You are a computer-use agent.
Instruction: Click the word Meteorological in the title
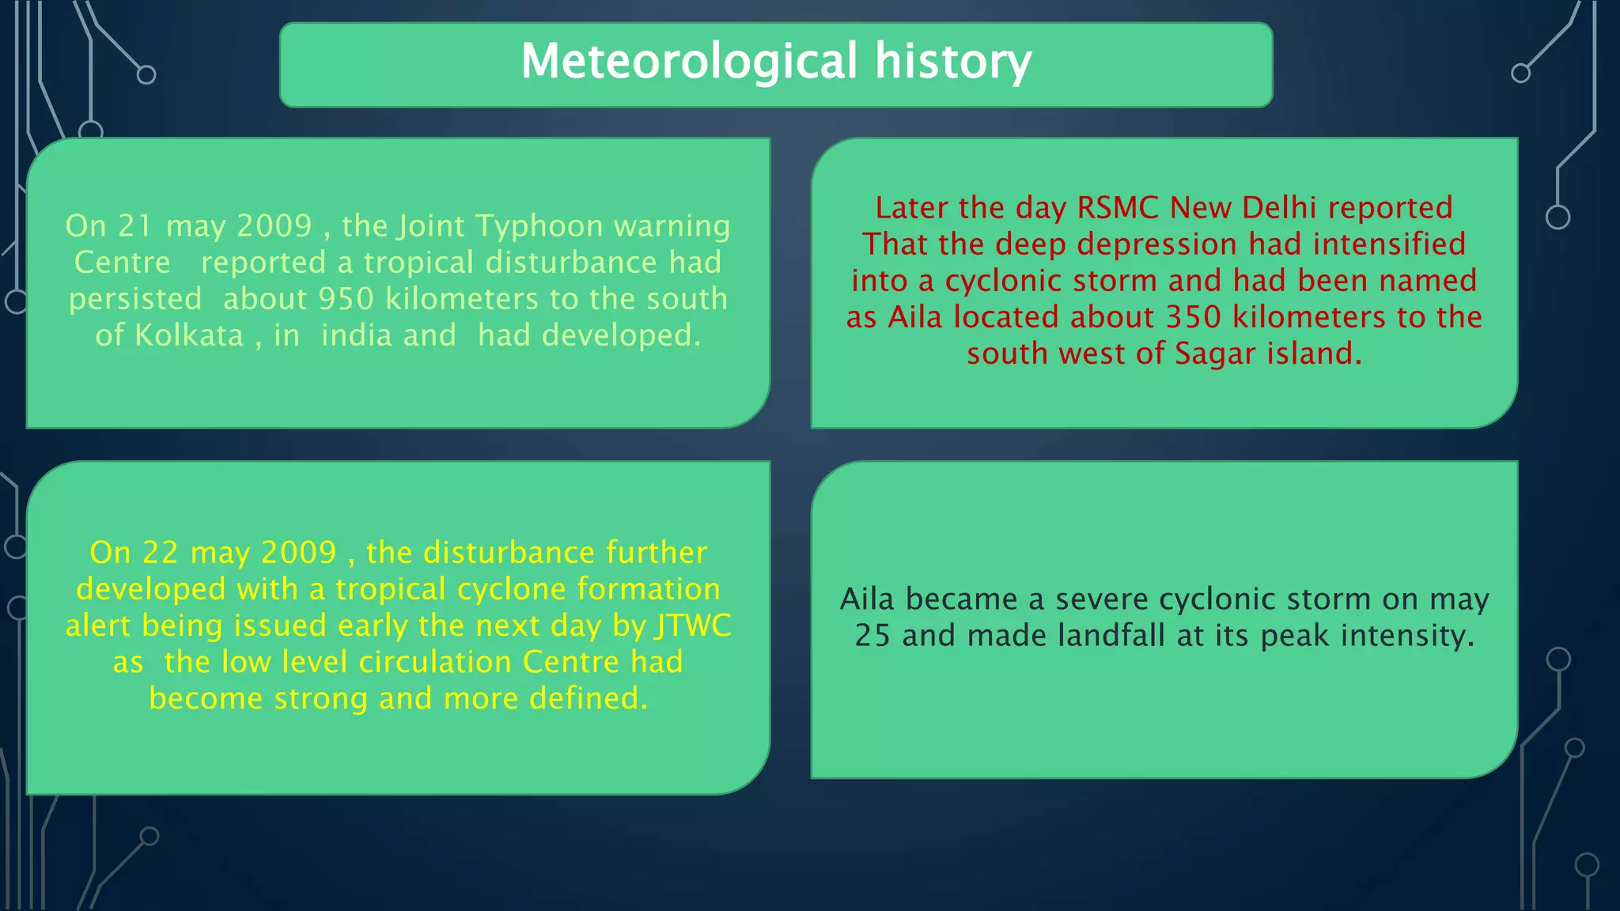[x=689, y=62]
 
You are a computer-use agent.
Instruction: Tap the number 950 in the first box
[x=346, y=299]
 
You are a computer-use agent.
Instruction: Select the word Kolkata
[x=189, y=335]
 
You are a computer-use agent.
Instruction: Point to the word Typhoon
[x=539, y=226]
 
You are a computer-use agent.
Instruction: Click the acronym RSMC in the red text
[x=1118, y=208]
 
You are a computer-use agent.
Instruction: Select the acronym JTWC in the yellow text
[x=693, y=626]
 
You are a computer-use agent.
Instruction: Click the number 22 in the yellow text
[x=161, y=553]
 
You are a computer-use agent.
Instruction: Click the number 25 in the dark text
[x=872, y=636]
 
